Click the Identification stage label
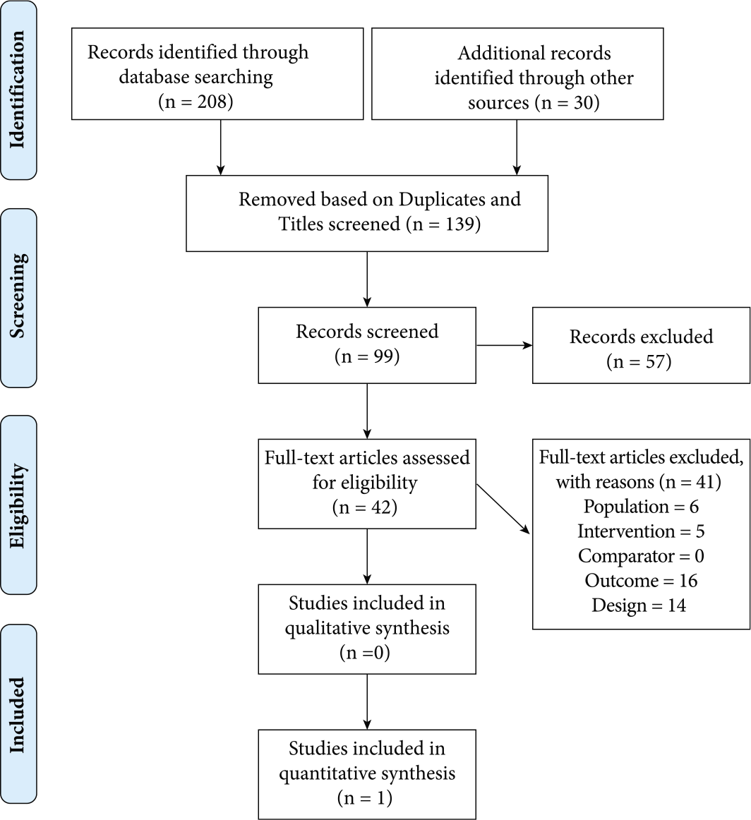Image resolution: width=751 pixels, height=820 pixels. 18,90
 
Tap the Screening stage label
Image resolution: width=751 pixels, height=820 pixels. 18,296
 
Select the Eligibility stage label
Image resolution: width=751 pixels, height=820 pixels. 18,506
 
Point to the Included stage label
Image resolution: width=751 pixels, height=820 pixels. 18,715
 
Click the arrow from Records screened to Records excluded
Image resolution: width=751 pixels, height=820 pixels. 504,345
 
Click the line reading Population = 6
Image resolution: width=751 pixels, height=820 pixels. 641,507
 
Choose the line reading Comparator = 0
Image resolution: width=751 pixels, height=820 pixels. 641,556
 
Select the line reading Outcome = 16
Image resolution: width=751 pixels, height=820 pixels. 641,581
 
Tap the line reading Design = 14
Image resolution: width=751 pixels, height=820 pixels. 639,605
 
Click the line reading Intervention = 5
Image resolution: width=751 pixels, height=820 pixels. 641,531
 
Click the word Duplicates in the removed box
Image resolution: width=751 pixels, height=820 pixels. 437,200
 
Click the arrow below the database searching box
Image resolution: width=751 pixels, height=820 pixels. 221,147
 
